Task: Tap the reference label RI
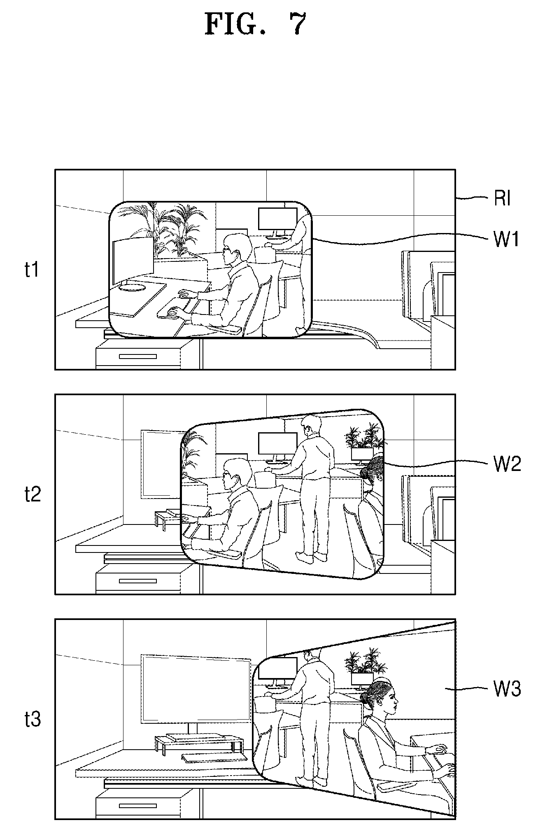point(502,199)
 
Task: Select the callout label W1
point(506,239)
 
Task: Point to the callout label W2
point(507,464)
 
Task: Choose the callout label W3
point(507,689)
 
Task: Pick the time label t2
point(33,494)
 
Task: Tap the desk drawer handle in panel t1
point(138,357)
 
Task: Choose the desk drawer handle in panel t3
point(138,806)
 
